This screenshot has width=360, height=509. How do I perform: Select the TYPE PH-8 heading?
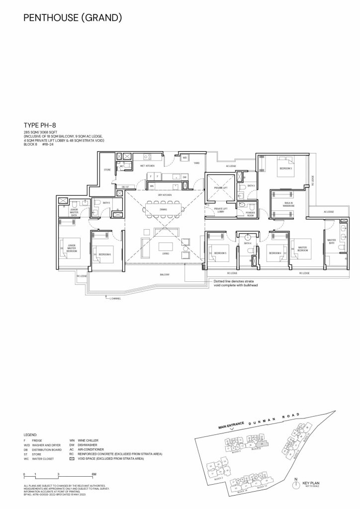coord(43,126)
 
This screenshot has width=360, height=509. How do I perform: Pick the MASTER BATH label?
coord(332,242)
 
